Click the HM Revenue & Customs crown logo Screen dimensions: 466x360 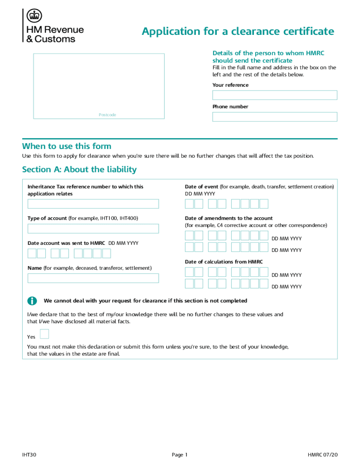(x=34, y=16)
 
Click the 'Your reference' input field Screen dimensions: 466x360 (x=274, y=95)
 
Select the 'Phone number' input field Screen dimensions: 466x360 (x=274, y=117)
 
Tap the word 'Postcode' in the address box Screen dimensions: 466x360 (x=107, y=115)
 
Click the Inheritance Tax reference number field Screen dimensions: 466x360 (x=93, y=204)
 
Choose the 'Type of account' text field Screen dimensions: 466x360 (x=93, y=228)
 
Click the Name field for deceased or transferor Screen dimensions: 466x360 (x=93, y=278)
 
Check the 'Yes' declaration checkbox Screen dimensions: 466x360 (x=44, y=334)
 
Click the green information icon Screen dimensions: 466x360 (x=32, y=301)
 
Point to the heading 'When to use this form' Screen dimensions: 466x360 (x=67, y=146)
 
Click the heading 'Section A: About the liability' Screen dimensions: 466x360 (x=79, y=169)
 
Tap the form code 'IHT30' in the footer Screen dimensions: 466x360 (x=29, y=455)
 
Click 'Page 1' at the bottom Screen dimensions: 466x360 (x=180, y=455)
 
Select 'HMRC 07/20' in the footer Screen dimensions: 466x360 (x=322, y=455)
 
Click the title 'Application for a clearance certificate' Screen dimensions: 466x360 (x=238, y=31)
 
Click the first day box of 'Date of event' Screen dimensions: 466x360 (x=189, y=204)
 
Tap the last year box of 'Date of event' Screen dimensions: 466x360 (x=264, y=204)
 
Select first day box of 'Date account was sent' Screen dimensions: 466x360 (x=32, y=253)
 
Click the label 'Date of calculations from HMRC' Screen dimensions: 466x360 (x=224, y=262)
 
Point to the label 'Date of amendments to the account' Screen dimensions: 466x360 (x=229, y=218)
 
